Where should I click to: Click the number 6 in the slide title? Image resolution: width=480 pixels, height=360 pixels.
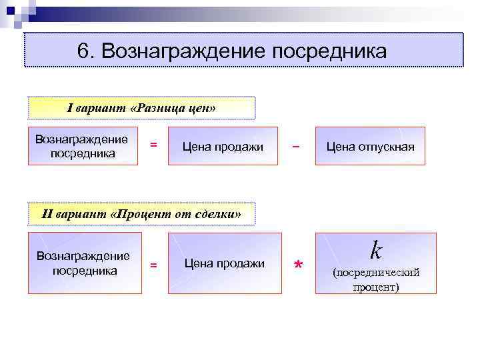tap(83, 51)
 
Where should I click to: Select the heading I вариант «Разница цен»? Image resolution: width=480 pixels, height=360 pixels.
tap(142, 108)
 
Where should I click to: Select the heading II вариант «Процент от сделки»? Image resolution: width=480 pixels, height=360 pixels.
tap(141, 214)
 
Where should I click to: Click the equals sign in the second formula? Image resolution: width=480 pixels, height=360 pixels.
tap(153, 265)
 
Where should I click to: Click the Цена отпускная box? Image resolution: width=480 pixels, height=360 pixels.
tap(370, 146)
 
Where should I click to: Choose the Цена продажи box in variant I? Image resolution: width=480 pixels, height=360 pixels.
tap(223, 146)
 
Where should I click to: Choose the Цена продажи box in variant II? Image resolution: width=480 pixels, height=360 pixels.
tap(224, 263)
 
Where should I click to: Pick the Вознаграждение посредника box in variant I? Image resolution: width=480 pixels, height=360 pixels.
tap(83, 146)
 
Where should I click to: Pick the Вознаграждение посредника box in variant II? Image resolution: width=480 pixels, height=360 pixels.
tap(84, 263)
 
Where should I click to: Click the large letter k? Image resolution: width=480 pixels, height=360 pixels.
tap(376, 251)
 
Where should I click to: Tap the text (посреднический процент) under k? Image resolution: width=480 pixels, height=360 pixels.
tap(376, 280)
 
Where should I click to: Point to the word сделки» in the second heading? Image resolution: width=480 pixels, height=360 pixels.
tap(215, 214)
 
